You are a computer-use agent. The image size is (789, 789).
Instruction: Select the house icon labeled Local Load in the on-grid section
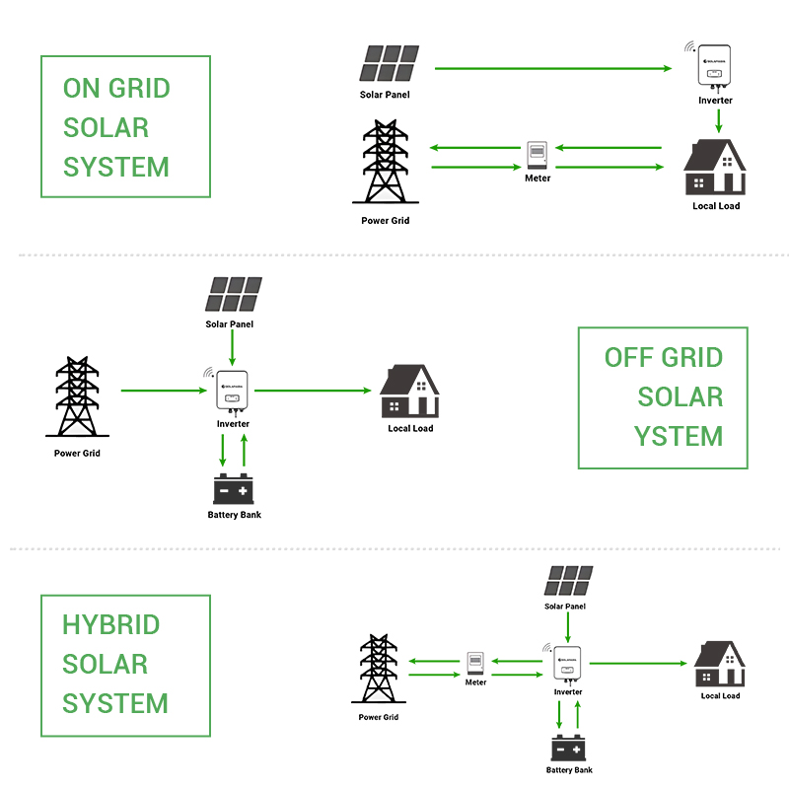pyautogui.click(x=715, y=168)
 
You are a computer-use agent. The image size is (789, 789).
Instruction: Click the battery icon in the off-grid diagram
pyautogui.click(x=235, y=489)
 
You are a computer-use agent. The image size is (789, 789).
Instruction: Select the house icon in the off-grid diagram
pyautogui.click(x=410, y=392)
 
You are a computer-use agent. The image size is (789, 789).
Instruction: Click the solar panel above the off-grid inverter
pyautogui.click(x=234, y=293)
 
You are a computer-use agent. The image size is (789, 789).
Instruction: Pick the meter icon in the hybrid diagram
pyautogui.click(x=475, y=663)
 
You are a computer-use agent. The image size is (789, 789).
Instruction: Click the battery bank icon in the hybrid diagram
pyautogui.click(x=569, y=748)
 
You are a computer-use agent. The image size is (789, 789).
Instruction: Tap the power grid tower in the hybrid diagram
pyautogui.click(x=378, y=670)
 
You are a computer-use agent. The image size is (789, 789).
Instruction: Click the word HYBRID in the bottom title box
pyautogui.click(x=110, y=625)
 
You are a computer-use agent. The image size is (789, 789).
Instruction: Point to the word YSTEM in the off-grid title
pyautogui.click(x=679, y=436)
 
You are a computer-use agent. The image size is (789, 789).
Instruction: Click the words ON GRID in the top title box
pyautogui.click(x=116, y=88)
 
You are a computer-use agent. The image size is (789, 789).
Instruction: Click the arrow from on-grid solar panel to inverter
pyautogui.click(x=552, y=69)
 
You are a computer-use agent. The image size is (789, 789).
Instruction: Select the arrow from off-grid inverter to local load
pyautogui.click(x=311, y=392)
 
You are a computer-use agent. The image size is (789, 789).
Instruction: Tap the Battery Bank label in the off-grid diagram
pyautogui.click(x=235, y=515)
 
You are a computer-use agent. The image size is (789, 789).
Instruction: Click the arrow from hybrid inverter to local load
pyautogui.click(x=636, y=664)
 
